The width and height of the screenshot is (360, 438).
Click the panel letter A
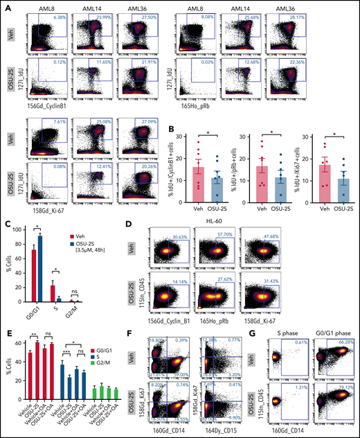(6, 6)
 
